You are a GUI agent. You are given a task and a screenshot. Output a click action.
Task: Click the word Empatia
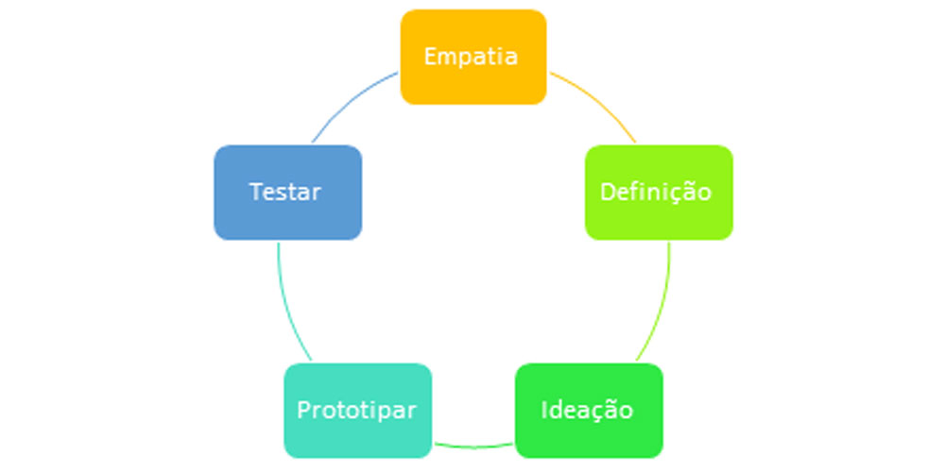pos(471,57)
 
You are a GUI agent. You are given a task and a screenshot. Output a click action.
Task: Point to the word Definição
pos(656,192)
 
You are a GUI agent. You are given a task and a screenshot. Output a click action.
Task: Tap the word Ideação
pos(587,411)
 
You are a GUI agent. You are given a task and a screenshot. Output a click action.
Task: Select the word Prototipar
pos(356,411)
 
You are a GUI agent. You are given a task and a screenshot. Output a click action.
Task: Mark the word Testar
pos(285,192)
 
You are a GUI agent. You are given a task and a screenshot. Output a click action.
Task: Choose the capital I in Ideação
pos(544,411)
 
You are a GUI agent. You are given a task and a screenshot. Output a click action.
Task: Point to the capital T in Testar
pos(255,192)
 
